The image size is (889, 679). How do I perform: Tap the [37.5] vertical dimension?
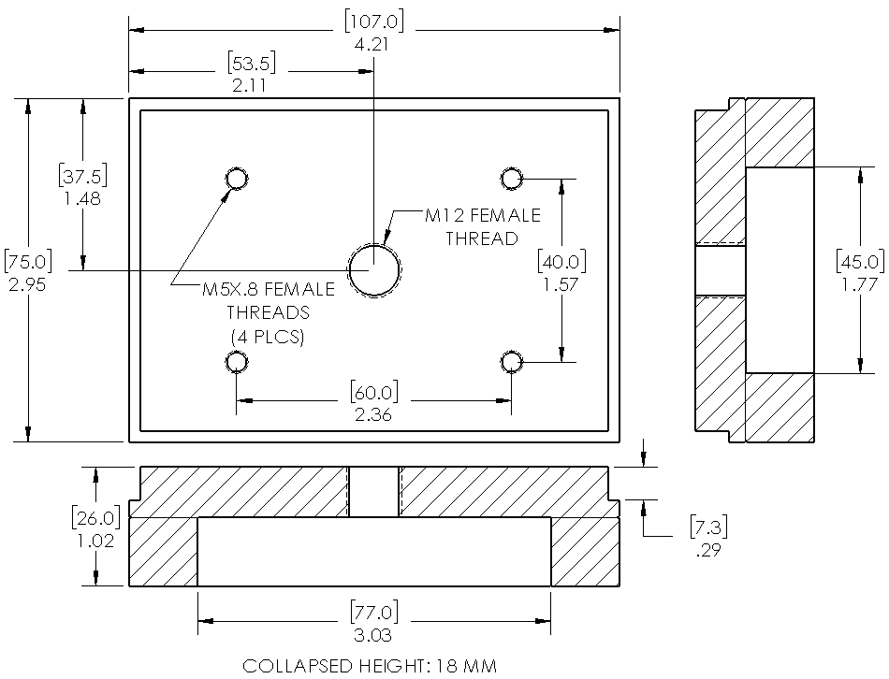point(83,175)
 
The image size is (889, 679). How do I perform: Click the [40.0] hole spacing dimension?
point(561,259)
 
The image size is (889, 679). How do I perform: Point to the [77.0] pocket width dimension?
point(374,614)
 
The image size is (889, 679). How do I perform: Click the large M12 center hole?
point(374,270)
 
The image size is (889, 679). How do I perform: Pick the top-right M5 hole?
point(511,178)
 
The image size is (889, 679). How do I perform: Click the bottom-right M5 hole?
point(511,361)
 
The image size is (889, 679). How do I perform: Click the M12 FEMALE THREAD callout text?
point(482,227)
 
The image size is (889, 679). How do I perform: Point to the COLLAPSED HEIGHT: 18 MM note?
point(370,666)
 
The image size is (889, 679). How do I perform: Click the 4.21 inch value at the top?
point(373,43)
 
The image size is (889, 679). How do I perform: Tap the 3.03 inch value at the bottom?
point(374,636)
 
